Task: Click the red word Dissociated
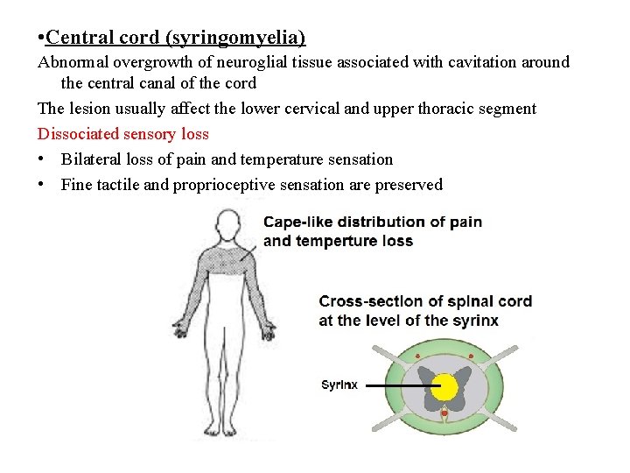click(x=78, y=134)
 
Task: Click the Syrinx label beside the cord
click(x=339, y=385)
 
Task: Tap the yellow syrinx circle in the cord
click(x=445, y=385)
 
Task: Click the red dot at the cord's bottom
click(x=444, y=413)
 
